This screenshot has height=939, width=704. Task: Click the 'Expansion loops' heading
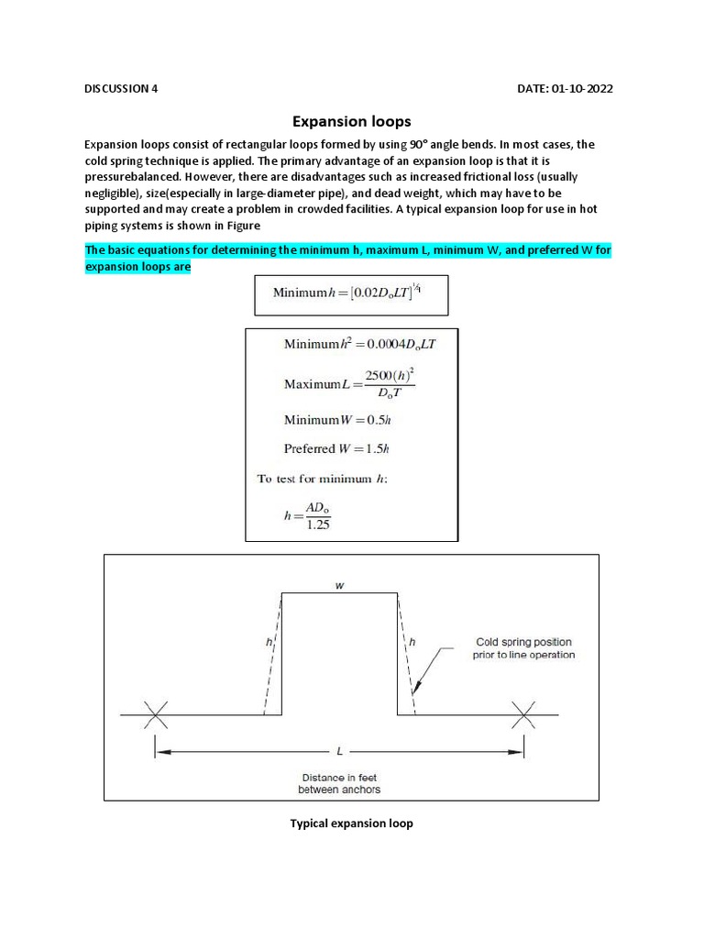[351, 121]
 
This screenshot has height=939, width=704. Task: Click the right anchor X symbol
[524, 714]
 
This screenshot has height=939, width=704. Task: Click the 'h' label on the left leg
[269, 644]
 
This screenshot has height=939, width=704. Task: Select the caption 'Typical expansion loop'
[351, 823]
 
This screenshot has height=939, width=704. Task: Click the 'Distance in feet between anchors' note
[338, 783]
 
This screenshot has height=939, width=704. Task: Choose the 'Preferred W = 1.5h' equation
[336, 449]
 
